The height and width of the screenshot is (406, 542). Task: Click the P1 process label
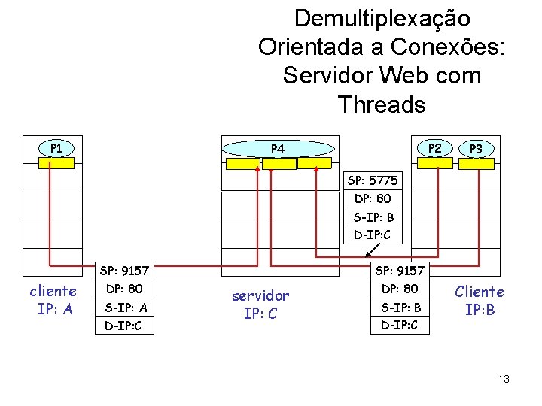[x=56, y=147]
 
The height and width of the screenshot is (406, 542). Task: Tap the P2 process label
[x=434, y=147]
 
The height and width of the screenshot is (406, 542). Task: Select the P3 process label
[x=476, y=149]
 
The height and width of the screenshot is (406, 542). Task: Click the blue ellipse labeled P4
[x=278, y=149]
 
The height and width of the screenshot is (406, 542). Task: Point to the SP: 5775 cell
[x=373, y=181]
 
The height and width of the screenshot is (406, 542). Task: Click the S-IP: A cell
[x=126, y=308]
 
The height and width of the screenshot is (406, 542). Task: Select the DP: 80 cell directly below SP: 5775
[x=373, y=199]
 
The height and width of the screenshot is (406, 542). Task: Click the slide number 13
[x=503, y=378]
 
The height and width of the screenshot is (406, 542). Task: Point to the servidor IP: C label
[x=260, y=304]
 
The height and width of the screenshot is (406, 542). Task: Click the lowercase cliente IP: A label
[x=53, y=299]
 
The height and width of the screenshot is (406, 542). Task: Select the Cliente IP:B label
[x=480, y=300]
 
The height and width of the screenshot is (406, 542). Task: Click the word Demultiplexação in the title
[x=382, y=18]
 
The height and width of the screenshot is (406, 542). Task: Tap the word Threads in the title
[x=382, y=105]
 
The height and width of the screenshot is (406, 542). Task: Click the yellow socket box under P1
[x=56, y=162]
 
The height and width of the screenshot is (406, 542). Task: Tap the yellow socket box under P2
[x=435, y=162]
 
